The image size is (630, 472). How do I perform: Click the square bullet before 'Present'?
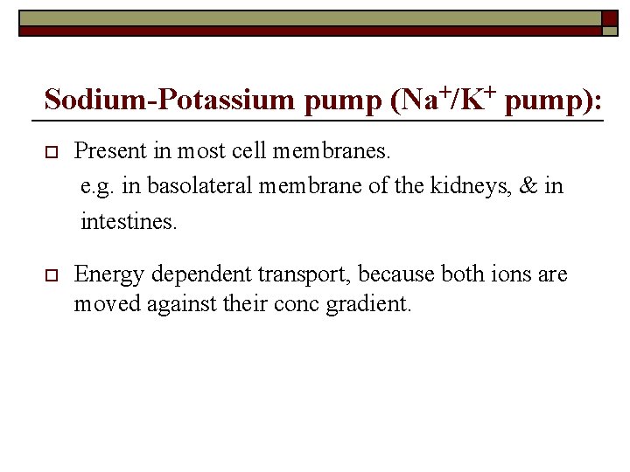(49, 152)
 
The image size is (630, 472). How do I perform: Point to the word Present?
(110, 150)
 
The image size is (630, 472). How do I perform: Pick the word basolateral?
(200, 186)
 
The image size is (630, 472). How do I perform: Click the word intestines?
(129, 222)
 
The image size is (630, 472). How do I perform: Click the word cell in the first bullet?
(251, 150)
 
